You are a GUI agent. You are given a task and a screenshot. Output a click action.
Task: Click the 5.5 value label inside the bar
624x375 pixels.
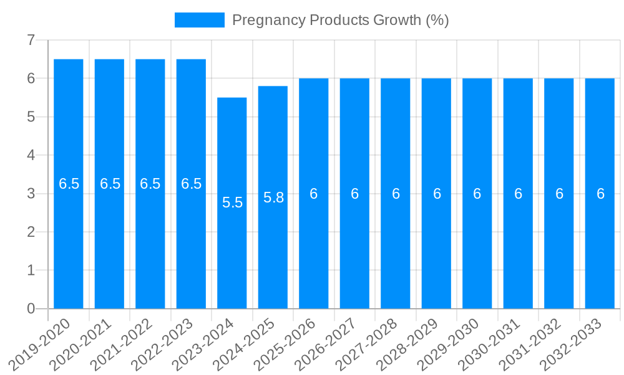(x=232, y=202)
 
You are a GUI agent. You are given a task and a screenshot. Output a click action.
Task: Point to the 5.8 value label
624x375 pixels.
(x=273, y=197)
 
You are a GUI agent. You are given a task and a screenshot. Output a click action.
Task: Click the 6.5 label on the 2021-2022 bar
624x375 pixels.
(x=150, y=184)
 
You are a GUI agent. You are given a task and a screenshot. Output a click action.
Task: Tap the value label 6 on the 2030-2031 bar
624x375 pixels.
(x=518, y=194)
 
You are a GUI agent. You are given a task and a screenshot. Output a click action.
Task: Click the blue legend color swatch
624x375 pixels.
(x=199, y=20)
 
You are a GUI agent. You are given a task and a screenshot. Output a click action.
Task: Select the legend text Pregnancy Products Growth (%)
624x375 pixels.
(x=340, y=20)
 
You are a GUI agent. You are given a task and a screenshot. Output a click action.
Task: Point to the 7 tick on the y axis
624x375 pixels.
(x=31, y=40)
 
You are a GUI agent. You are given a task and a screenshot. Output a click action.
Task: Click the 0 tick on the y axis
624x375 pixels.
(x=31, y=309)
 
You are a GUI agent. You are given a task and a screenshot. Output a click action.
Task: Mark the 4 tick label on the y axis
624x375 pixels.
(x=31, y=155)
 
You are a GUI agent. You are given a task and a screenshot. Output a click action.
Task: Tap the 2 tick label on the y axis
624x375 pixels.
(x=31, y=232)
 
